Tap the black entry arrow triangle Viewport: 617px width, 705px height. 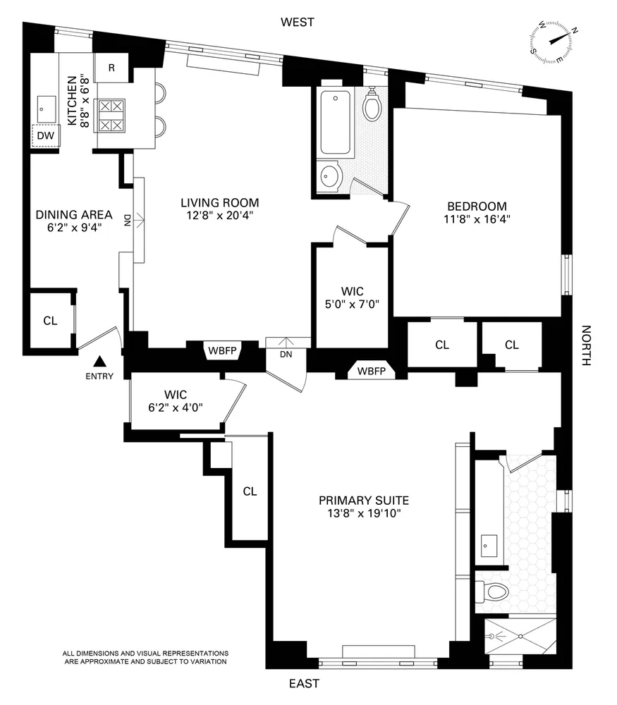tap(100, 360)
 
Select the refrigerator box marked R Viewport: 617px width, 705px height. tap(112, 68)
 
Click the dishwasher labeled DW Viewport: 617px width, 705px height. tap(45, 135)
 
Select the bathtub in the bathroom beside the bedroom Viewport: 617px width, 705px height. tap(337, 123)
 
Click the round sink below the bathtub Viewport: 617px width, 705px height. tap(329, 177)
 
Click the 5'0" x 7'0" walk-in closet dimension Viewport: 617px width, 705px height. tap(351, 304)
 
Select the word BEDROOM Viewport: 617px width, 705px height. tap(477, 206)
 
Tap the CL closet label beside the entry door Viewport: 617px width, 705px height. tap(50, 321)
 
